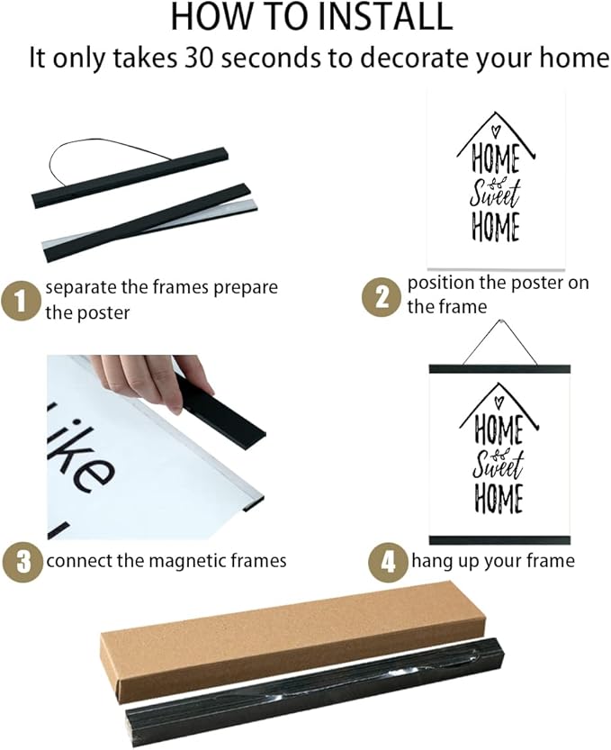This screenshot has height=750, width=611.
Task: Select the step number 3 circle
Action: click(22, 561)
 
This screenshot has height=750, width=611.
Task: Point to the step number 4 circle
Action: click(386, 562)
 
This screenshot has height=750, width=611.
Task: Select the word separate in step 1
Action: click(80, 288)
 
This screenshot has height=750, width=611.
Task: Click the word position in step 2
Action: click(441, 283)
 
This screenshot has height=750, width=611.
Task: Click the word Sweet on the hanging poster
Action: click(499, 466)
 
